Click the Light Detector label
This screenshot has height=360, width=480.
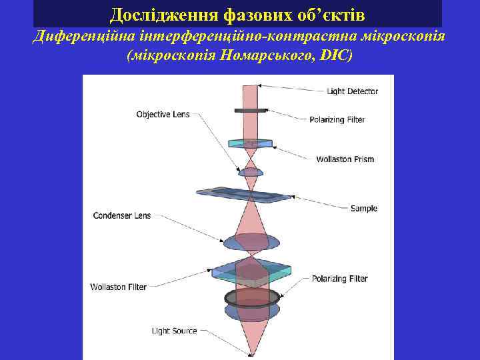coord(352,91)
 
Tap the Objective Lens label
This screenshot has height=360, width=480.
coord(163,115)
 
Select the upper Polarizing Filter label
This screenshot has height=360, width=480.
coord(337,120)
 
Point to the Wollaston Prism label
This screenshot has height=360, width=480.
coord(345,159)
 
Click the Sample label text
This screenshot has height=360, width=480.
coord(364,209)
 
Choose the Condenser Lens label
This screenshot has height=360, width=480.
coord(122,216)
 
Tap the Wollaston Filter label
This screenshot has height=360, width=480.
coord(118,287)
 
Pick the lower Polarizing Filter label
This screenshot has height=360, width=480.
coord(339,279)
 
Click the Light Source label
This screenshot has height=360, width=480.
coord(174,331)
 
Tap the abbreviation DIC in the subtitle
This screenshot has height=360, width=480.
coord(335,55)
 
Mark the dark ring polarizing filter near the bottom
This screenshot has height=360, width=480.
coord(251,296)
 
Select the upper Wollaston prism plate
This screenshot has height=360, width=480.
coord(250,143)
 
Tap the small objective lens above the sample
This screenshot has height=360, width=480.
coord(251,172)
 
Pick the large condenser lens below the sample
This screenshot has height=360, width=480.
coord(251,238)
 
